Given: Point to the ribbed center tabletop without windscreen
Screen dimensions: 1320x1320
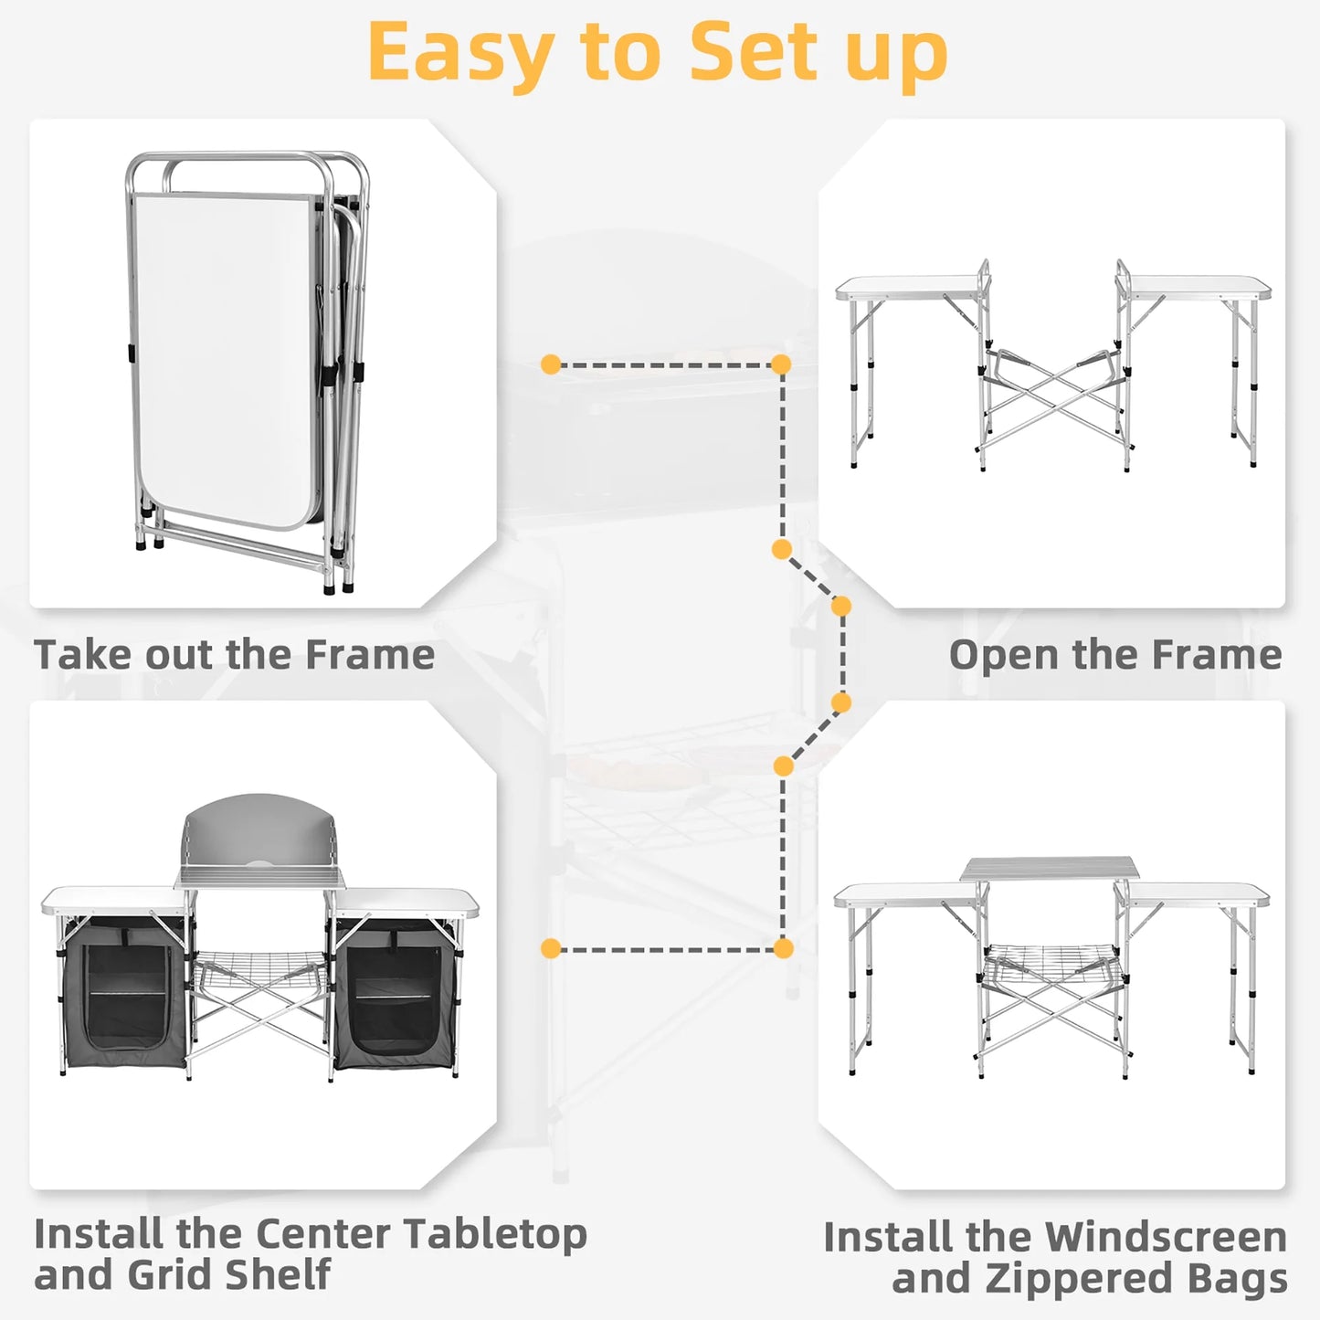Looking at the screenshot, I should (1049, 869).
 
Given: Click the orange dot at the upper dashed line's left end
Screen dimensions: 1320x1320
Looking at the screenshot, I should (550, 364).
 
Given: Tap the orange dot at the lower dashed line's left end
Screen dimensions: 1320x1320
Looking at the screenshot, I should (550, 948).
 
